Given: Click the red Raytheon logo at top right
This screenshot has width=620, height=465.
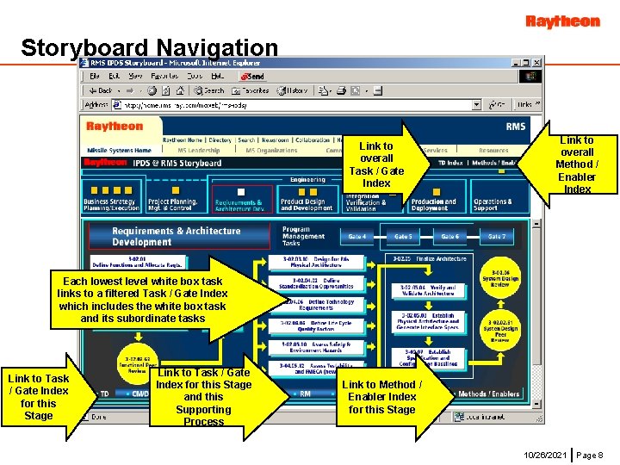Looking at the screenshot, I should click(562, 21).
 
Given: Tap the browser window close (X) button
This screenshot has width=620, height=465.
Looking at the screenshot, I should click(538, 64).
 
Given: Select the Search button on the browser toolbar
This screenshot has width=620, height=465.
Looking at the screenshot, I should click(209, 90).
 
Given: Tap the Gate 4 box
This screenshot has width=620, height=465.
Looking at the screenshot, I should click(356, 236).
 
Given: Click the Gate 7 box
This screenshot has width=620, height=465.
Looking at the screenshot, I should click(497, 236).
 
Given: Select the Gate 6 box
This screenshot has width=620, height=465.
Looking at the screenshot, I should click(449, 236).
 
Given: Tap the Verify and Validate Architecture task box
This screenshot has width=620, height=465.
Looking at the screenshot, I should click(427, 292).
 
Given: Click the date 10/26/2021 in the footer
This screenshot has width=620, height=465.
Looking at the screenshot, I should click(544, 454).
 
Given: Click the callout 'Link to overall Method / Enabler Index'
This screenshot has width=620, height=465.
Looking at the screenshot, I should click(576, 164).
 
